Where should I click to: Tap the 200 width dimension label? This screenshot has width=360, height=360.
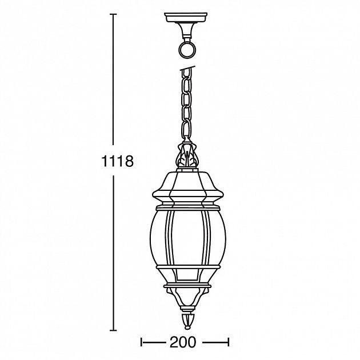pos(183,342)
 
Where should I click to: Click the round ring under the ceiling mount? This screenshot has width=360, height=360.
pos(186,49)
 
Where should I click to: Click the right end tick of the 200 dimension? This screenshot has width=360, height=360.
pos(229,342)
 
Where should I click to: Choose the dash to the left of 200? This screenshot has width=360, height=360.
pos(153,342)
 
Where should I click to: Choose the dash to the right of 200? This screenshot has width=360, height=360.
pos(216,342)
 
